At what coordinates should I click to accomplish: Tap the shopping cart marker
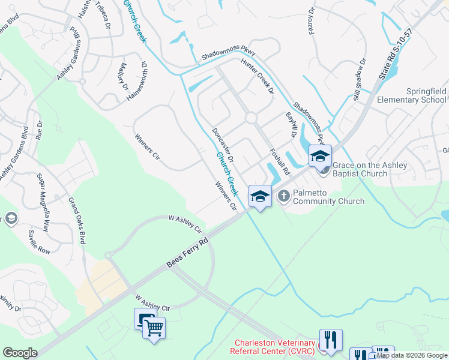click(155, 328)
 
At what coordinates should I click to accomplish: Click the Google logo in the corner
click(20, 353)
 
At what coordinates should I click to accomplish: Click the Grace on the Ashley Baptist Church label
click(369, 169)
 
